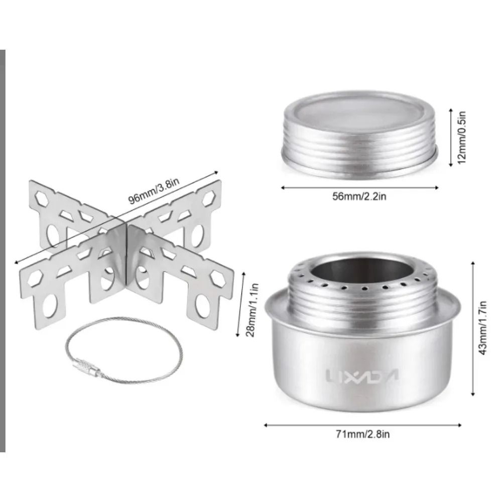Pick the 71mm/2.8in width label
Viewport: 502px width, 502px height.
pos(363,434)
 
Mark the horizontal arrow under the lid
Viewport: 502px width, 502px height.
pos(359,188)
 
